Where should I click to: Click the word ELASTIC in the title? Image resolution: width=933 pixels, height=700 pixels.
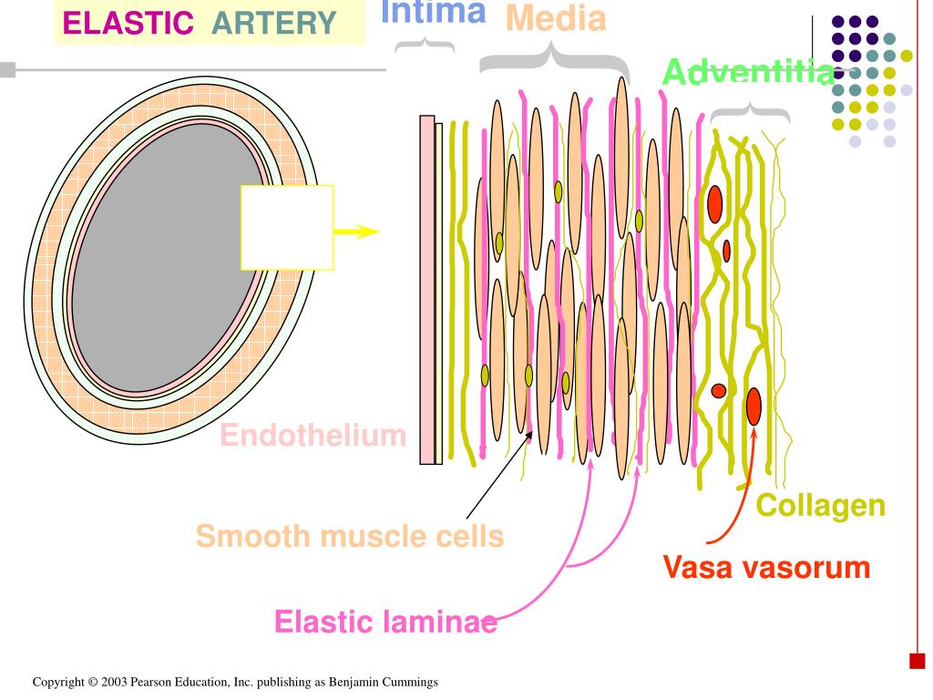tap(128, 23)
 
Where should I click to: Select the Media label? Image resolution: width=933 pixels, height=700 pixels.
tap(556, 18)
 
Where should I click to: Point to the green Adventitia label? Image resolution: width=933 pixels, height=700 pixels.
tap(747, 73)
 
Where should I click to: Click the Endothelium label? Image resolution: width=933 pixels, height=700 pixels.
tap(313, 436)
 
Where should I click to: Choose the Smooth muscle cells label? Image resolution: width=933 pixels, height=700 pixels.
tap(350, 536)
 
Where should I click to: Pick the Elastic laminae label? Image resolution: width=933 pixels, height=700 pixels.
tap(385, 623)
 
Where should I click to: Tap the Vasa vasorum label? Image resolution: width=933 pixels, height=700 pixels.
tap(766, 567)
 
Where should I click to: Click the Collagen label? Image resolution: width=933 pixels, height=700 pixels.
tap(821, 505)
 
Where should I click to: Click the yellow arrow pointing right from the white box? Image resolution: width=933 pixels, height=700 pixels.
tap(357, 232)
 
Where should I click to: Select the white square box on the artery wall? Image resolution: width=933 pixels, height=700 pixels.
tap(287, 227)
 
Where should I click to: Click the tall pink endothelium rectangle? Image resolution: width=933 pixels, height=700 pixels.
tap(426, 290)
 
